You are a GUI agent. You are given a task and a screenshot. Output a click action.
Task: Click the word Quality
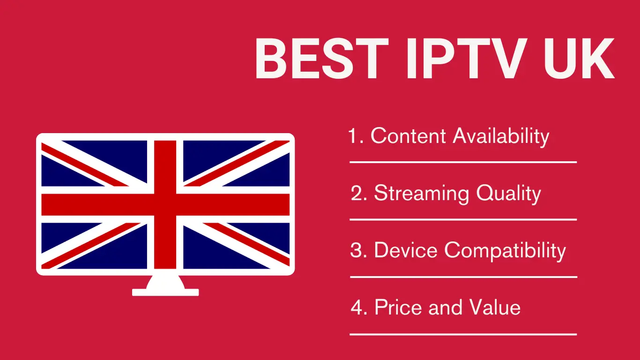(x=508, y=194)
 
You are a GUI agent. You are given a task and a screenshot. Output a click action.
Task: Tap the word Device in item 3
(x=407, y=250)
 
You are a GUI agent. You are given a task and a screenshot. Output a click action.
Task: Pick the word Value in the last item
(x=496, y=308)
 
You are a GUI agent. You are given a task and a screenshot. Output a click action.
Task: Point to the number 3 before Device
(x=357, y=250)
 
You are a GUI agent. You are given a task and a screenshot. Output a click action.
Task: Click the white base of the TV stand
(x=165, y=292)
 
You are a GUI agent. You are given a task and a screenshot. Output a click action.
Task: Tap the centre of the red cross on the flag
(x=165, y=204)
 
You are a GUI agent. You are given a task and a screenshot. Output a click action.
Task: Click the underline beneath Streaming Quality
(x=463, y=219)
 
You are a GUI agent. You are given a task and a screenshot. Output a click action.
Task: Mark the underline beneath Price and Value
(x=463, y=335)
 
